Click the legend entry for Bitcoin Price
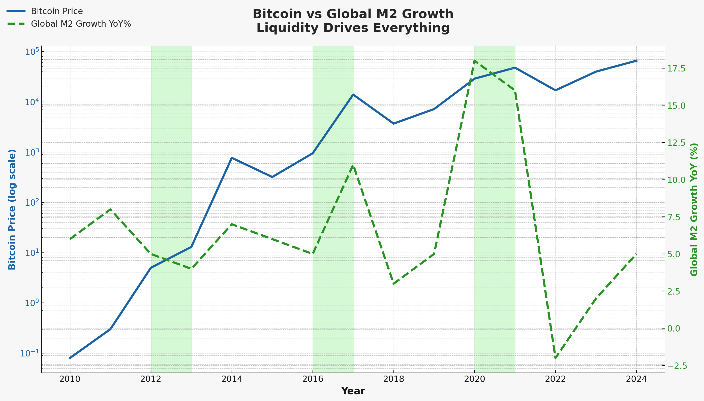point(56,11)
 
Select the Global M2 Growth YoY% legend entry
point(81,24)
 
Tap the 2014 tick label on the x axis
point(232,379)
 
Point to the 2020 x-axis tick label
point(474,379)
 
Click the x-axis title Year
point(353,391)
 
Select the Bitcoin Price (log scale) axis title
point(12,210)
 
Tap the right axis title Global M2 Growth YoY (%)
point(694,210)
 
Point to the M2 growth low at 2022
point(555,358)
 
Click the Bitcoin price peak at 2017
point(353,94)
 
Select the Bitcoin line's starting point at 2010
point(70,358)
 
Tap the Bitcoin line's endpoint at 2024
point(636,60)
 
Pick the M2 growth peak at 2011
point(110,209)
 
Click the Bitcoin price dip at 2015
point(272,177)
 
